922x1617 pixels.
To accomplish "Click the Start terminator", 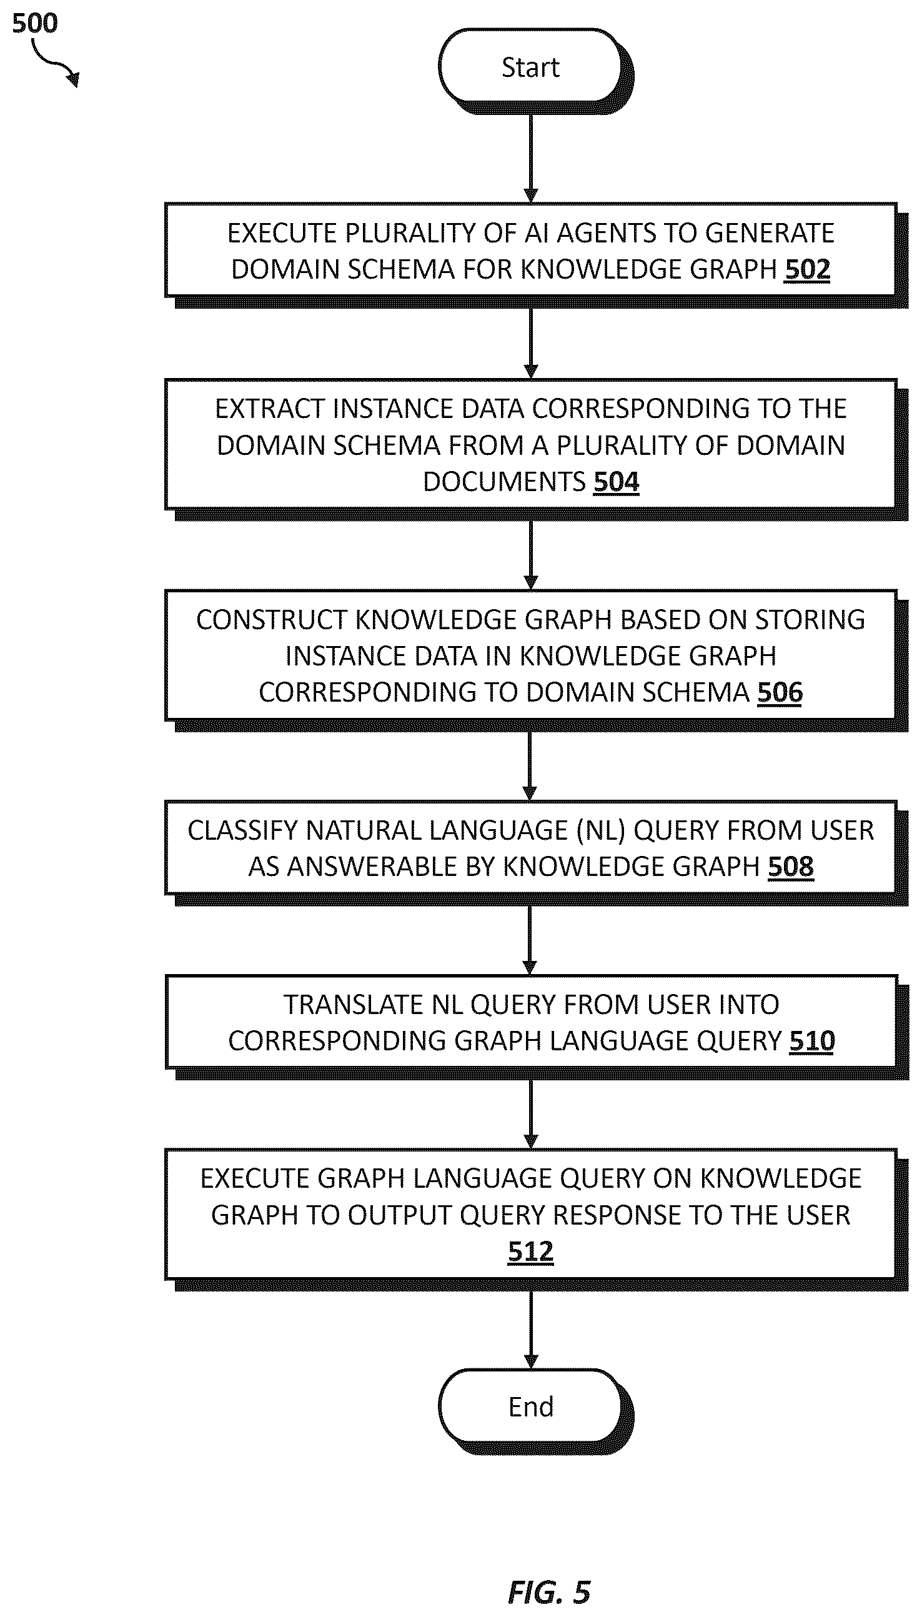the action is pos(531,67).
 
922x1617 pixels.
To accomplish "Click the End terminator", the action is pos(531,1406).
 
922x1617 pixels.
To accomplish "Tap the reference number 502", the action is pos(807,270).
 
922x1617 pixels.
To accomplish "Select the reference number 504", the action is pos(616,482).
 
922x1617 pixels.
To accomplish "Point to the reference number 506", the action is pos(780,692).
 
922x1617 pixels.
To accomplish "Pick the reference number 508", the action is pos(790,867).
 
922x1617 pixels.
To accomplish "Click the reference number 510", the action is pos(812,1042).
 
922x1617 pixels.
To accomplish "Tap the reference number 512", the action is pos(531,1251).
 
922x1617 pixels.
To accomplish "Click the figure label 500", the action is pos(35,24).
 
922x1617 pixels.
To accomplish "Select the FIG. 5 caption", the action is pos(549,1592).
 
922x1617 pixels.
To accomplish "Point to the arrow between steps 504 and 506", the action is pos(531,555).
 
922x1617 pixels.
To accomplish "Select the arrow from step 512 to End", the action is pos(531,1330).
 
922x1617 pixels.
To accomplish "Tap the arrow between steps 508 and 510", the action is pos(531,940).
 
